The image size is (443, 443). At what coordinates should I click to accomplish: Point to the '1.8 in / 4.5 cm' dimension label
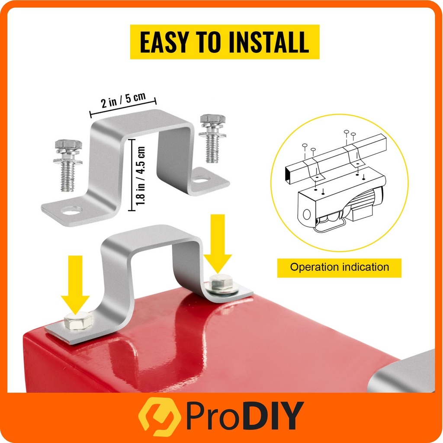(x=141, y=176)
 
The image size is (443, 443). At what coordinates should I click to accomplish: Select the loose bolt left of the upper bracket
(x=68, y=165)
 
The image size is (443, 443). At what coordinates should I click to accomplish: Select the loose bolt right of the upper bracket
(x=212, y=138)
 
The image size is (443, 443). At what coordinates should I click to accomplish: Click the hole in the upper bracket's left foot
(x=71, y=211)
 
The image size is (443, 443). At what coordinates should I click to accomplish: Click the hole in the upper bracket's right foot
(x=202, y=179)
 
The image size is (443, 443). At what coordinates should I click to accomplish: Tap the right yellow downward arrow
(x=218, y=244)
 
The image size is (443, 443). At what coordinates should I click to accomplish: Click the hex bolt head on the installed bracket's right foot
(x=221, y=282)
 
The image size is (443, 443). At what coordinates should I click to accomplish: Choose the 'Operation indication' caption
(x=339, y=267)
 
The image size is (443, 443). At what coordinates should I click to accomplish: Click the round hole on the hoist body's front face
(x=307, y=214)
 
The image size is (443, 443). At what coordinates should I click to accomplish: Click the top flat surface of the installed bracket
(x=153, y=235)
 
